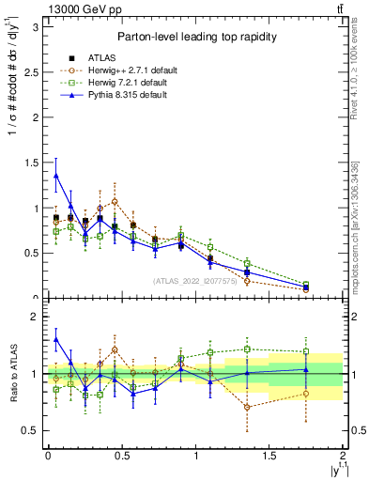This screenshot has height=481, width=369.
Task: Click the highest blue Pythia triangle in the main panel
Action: pos(55,175)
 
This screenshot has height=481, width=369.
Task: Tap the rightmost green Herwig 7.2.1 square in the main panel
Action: pos(306,284)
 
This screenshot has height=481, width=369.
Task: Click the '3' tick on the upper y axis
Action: pos(35,27)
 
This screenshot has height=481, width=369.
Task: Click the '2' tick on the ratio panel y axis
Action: pos(35,318)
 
